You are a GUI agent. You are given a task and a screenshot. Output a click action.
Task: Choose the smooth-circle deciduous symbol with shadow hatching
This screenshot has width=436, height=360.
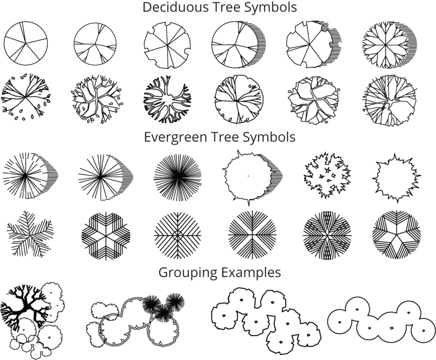pyautogui.click(x=235, y=44)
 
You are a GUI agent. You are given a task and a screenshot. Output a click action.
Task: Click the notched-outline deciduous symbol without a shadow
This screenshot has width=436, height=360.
pyautogui.click(x=167, y=44)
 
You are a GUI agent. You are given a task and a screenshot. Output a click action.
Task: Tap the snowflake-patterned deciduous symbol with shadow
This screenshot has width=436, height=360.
pyautogui.click(x=385, y=44)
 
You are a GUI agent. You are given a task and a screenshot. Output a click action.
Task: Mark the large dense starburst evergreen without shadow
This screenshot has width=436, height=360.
pyautogui.click(x=177, y=175)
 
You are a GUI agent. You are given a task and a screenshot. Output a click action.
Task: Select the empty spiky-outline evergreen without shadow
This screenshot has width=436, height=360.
pyautogui.click(x=396, y=177)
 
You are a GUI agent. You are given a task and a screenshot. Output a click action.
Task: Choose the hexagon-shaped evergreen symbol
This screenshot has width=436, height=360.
pyautogui.click(x=106, y=235)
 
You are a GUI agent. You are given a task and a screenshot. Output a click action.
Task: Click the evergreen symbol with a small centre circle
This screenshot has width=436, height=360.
pyautogui.click(x=178, y=235)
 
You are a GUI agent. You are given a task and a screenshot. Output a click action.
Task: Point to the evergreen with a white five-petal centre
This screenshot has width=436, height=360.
pyautogui.click(x=396, y=235)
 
